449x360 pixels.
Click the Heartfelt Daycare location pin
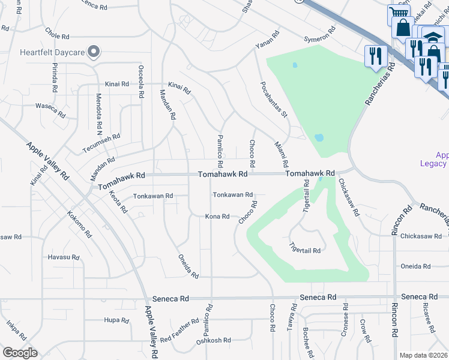[94, 52]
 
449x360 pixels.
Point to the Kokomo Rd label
[79, 224]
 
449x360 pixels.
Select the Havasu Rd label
[64, 257]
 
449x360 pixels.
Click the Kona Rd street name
[217, 216]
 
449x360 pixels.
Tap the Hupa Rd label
[117, 320]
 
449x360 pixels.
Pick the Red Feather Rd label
[179, 331]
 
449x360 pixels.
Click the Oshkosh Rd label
[214, 341]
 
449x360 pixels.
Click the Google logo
[20, 353]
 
